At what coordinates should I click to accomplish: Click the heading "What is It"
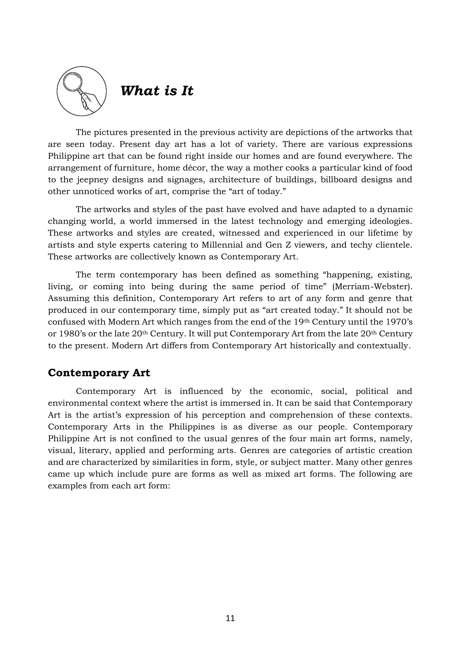click(x=157, y=91)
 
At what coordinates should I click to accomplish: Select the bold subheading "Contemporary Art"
click(x=99, y=373)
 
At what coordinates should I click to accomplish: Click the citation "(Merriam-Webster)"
click(x=372, y=287)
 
